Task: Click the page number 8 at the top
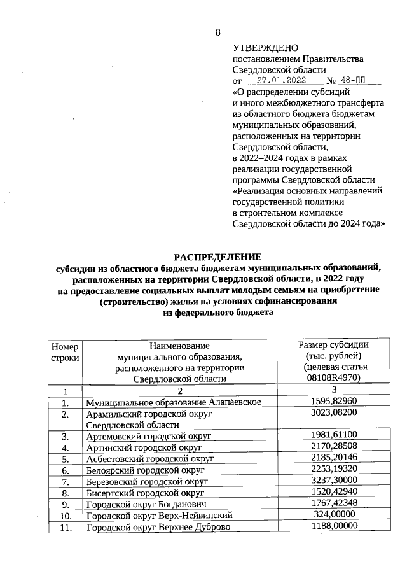(217, 32)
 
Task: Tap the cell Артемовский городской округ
(148, 436)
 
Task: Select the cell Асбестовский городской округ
(149, 458)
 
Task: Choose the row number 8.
(65, 493)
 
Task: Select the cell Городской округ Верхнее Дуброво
(157, 526)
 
